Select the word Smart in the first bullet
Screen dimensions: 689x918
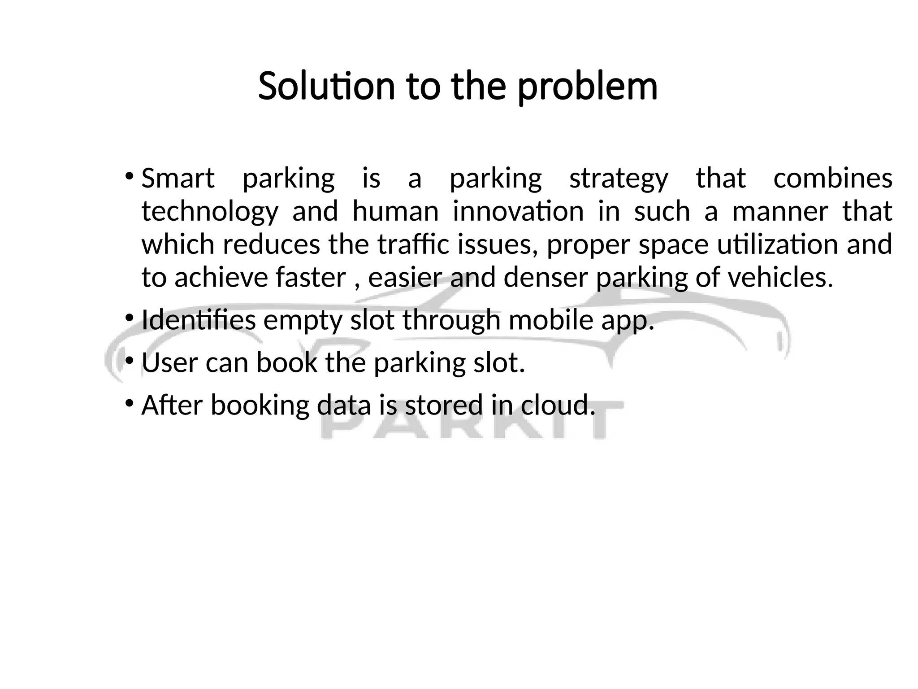tap(178, 178)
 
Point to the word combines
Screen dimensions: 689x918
tap(833, 178)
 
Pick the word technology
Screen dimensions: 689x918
tap(210, 212)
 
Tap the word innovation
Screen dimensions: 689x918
tap(518, 211)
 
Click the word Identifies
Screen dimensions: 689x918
tap(199, 320)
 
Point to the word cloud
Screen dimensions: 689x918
tap(558, 405)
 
